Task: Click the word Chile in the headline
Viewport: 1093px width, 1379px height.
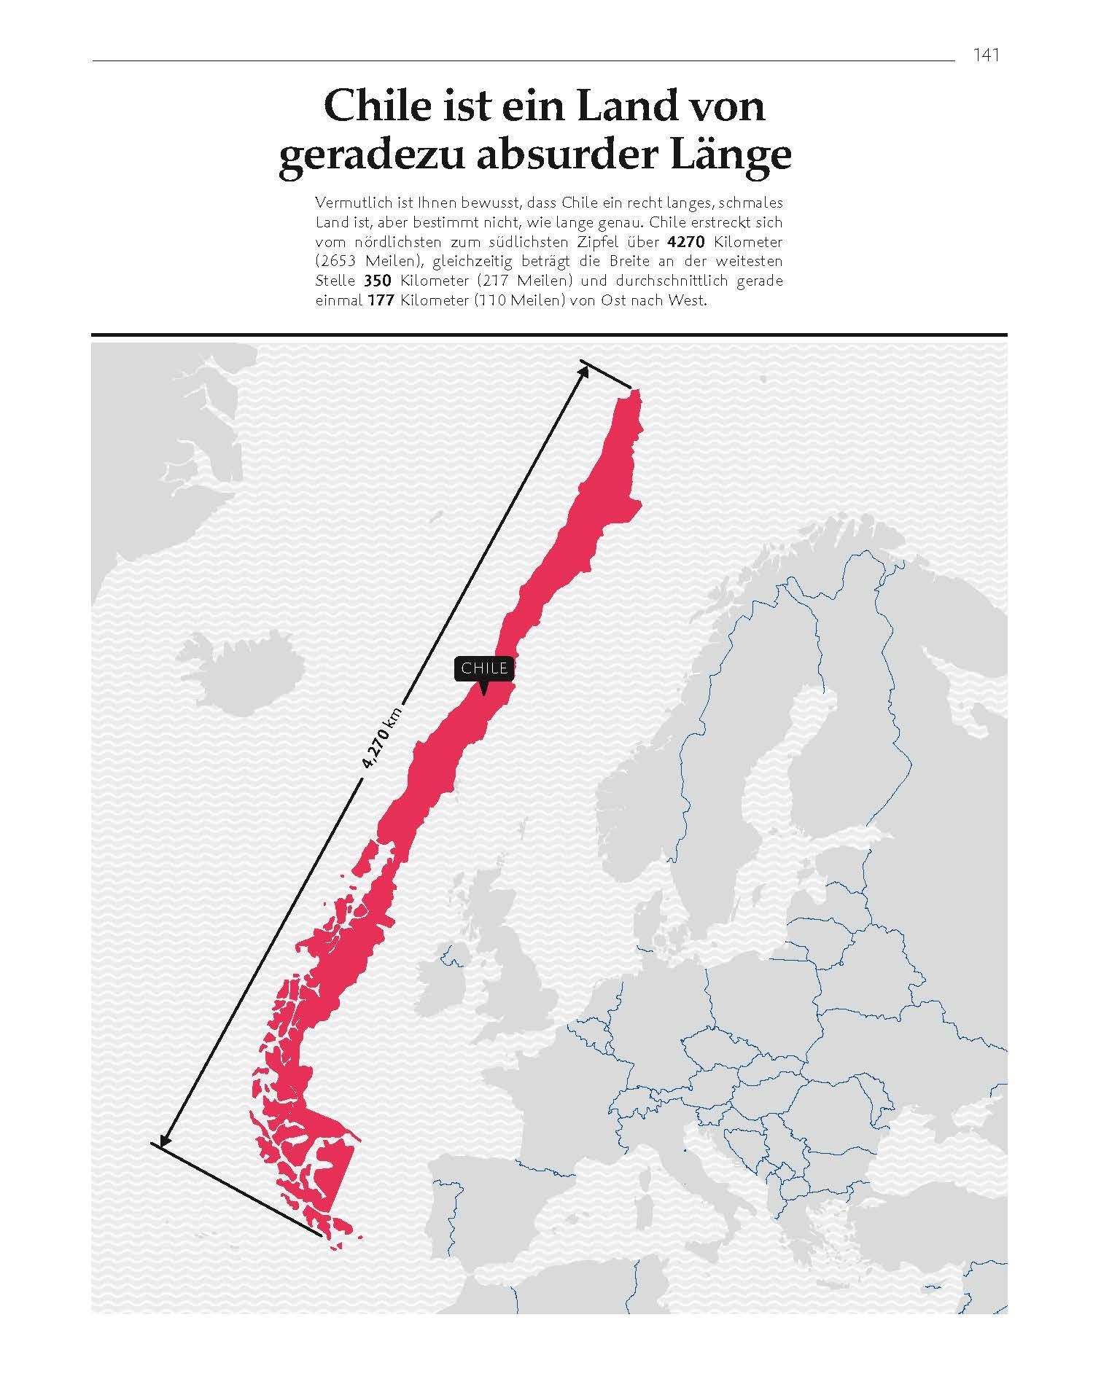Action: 376,106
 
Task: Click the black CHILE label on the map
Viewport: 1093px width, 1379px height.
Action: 484,668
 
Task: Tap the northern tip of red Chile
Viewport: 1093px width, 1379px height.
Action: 635,395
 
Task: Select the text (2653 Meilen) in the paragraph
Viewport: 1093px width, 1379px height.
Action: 359,261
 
